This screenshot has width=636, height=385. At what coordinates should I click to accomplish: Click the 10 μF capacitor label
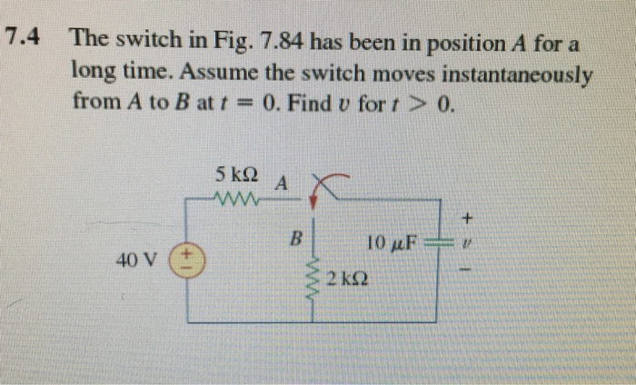pyautogui.click(x=392, y=242)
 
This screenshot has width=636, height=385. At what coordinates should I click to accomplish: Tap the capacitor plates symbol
pyautogui.click(x=439, y=243)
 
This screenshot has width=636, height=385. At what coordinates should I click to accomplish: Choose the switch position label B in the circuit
pyautogui.click(x=293, y=241)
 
